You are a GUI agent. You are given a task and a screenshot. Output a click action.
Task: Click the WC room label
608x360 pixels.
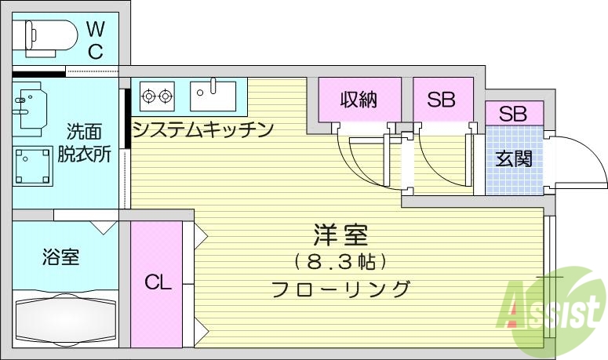[95, 41]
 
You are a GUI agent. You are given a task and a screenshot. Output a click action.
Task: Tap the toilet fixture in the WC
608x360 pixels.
[49, 35]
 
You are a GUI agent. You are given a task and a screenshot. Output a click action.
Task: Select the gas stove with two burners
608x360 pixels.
[156, 96]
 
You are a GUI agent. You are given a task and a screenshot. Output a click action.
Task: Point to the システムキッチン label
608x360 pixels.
[202, 129]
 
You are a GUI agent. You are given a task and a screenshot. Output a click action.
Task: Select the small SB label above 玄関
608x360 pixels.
[512, 113]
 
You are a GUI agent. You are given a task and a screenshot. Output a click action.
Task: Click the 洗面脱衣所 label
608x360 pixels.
[84, 142]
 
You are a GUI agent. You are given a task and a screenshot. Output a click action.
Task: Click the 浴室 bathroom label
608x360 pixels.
[60, 256]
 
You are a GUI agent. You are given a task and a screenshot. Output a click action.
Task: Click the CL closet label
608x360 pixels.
[157, 282]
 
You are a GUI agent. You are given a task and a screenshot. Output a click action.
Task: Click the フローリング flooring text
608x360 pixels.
[340, 289]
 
